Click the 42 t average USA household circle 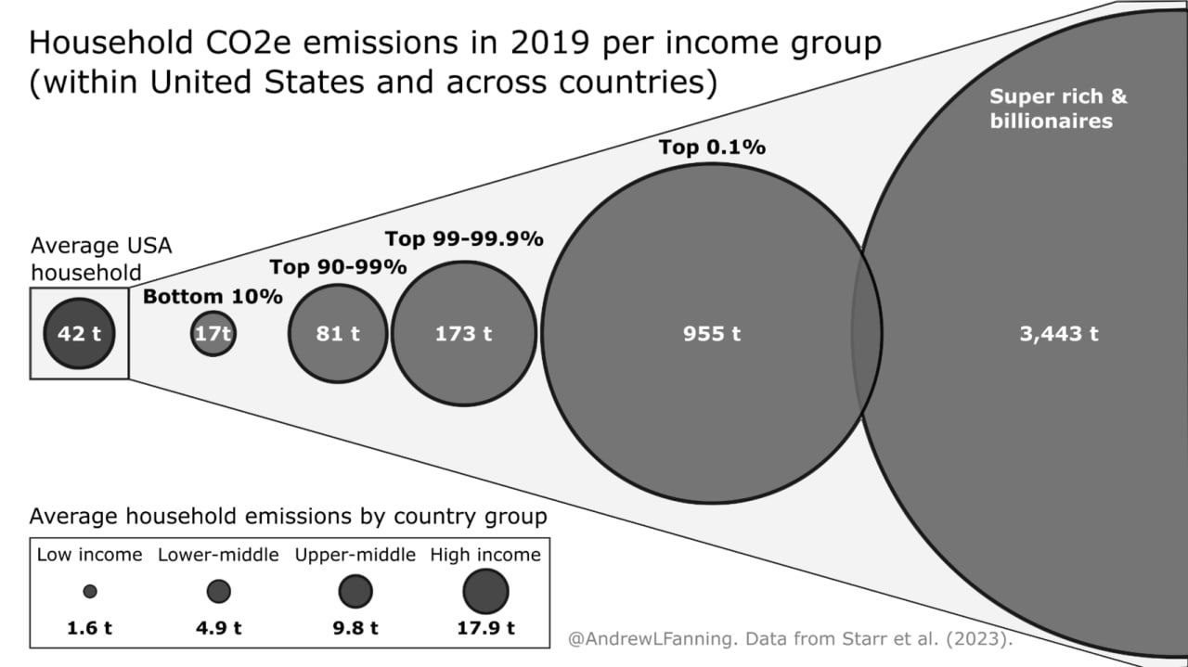[79, 333]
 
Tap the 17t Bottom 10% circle [213, 333]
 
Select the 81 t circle [338, 333]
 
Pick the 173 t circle [464, 333]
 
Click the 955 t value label [711, 334]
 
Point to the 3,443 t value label [1058, 334]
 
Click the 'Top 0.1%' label [712, 147]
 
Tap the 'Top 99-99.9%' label [464, 238]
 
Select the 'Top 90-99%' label [338, 267]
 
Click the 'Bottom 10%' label [213, 297]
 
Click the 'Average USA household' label [100, 259]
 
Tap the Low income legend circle [90, 591]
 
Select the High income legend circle [485, 591]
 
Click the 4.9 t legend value [218, 627]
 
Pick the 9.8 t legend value [355, 627]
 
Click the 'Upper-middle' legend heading [355, 555]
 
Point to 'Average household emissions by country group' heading [288, 516]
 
